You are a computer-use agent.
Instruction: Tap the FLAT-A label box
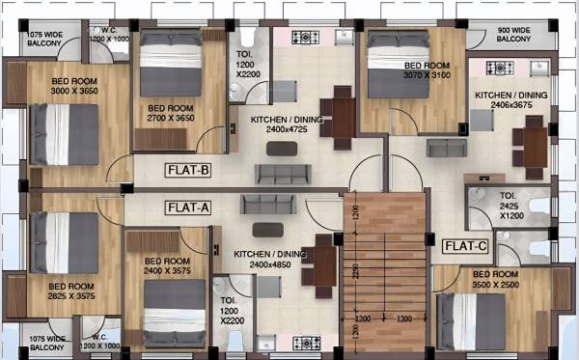click(x=189, y=207)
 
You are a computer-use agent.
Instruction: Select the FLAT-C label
click(x=465, y=246)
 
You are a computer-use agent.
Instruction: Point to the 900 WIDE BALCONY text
click(x=514, y=35)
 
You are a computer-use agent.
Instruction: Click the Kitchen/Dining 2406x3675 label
click(x=510, y=101)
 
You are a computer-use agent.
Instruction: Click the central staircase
click(x=385, y=270)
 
